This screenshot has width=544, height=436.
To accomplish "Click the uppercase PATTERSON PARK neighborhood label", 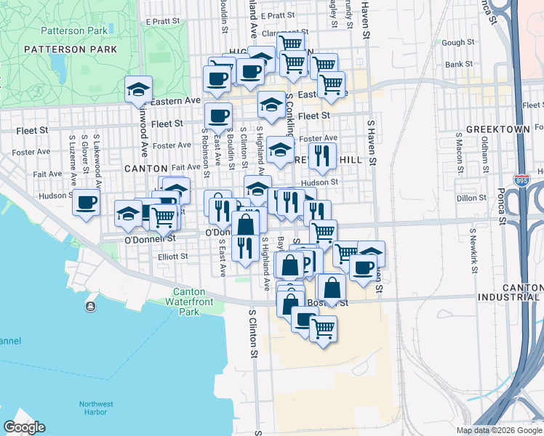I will [70, 49].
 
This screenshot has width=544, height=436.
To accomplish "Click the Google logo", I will [24, 427].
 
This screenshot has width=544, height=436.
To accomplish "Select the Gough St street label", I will [457, 43].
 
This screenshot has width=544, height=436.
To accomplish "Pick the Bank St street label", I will [459, 65].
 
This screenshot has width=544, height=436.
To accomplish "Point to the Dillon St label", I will [472, 198].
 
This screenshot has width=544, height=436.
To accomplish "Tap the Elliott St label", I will [172, 257].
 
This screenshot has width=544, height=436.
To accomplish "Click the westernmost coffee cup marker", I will [86, 203].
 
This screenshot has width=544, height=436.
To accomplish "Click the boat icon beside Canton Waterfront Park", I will [90, 307].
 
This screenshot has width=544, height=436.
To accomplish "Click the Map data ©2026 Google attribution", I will [498, 430].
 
